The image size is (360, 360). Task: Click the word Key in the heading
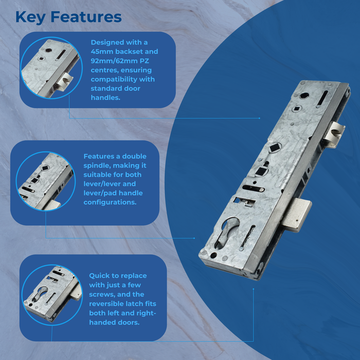tap(30, 17)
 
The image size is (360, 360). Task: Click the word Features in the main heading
tap(86, 17)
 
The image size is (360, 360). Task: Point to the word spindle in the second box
tap(97, 166)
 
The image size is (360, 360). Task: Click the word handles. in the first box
tap(105, 98)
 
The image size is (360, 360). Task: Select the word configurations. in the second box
tap(110, 202)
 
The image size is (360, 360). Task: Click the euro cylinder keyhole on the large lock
tap(226, 232)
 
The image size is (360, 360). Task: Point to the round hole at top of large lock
tap(304, 96)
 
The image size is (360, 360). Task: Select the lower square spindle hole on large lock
tap(261, 171)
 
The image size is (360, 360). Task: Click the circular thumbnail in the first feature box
tap(51, 68)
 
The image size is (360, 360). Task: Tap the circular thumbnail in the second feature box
tap(46, 181)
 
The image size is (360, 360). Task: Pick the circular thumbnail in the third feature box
tap(52, 295)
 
